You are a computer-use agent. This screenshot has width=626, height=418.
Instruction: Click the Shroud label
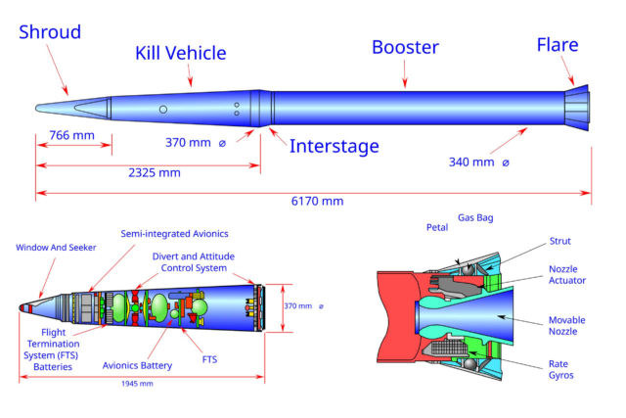pos(50,32)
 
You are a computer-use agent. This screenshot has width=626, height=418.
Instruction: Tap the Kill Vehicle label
pos(180,53)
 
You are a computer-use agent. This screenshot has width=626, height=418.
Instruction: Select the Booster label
pos(405,47)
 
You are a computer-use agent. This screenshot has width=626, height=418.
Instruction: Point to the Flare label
pos(558,45)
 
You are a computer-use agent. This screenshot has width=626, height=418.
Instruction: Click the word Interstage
pos(335,146)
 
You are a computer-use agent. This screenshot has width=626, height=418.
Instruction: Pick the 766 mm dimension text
pos(71,135)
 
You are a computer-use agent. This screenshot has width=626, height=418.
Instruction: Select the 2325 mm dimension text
pos(155,172)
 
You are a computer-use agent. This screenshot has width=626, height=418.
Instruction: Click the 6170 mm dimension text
pos(317,201)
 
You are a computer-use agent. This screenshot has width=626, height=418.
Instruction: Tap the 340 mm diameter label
pos(479,163)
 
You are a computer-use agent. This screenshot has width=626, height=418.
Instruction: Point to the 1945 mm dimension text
pos(137,384)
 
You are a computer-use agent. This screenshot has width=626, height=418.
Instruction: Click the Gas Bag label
pos(475,217)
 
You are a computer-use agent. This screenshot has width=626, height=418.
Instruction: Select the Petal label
pos(437,227)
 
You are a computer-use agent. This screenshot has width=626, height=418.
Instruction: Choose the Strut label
pos(560,241)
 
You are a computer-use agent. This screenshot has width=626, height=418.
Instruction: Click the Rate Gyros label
pos(560,370)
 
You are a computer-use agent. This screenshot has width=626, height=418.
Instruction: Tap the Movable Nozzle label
pos(567,326)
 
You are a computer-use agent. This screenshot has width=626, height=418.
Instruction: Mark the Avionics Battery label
pos(137,366)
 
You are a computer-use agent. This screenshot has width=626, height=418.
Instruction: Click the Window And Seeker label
pos(56,248)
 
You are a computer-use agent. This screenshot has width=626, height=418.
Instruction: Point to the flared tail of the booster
pos(577,108)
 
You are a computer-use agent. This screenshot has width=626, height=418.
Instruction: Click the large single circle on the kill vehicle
pos(163,109)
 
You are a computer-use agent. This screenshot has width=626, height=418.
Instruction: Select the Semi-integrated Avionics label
pos(174,234)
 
